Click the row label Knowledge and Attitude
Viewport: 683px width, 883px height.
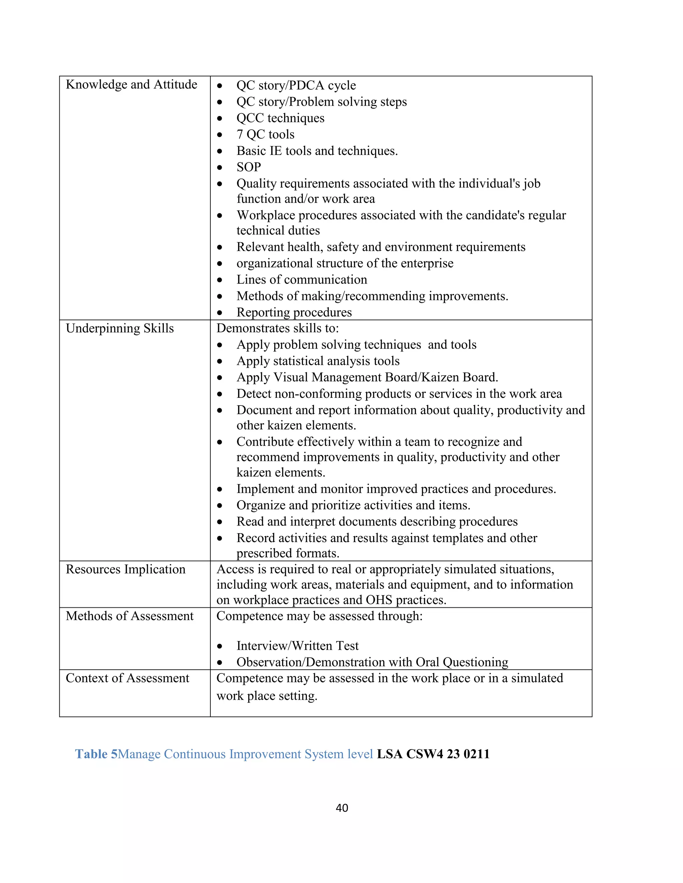click(x=131, y=85)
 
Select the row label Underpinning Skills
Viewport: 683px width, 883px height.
click(x=120, y=328)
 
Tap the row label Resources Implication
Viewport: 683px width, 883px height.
click(x=125, y=569)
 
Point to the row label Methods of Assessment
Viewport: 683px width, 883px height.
click(x=129, y=616)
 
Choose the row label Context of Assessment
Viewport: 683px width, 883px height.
click(x=127, y=678)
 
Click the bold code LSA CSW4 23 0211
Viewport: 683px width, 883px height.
click(x=433, y=754)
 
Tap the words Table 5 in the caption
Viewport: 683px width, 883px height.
click(x=96, y=754)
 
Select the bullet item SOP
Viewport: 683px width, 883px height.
click(x=249, y=167)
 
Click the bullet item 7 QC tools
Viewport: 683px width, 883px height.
click(x=265, y=134)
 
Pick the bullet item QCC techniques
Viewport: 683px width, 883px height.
click(x=280, y=118)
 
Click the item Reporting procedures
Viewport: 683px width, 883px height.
click(x=294, y=312)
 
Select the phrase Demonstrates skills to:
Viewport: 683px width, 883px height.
click(x=277, y=328)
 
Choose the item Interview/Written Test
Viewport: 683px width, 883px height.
click(x=297, y=646)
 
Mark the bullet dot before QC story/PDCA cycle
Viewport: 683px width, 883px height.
click(x=220, y=86)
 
